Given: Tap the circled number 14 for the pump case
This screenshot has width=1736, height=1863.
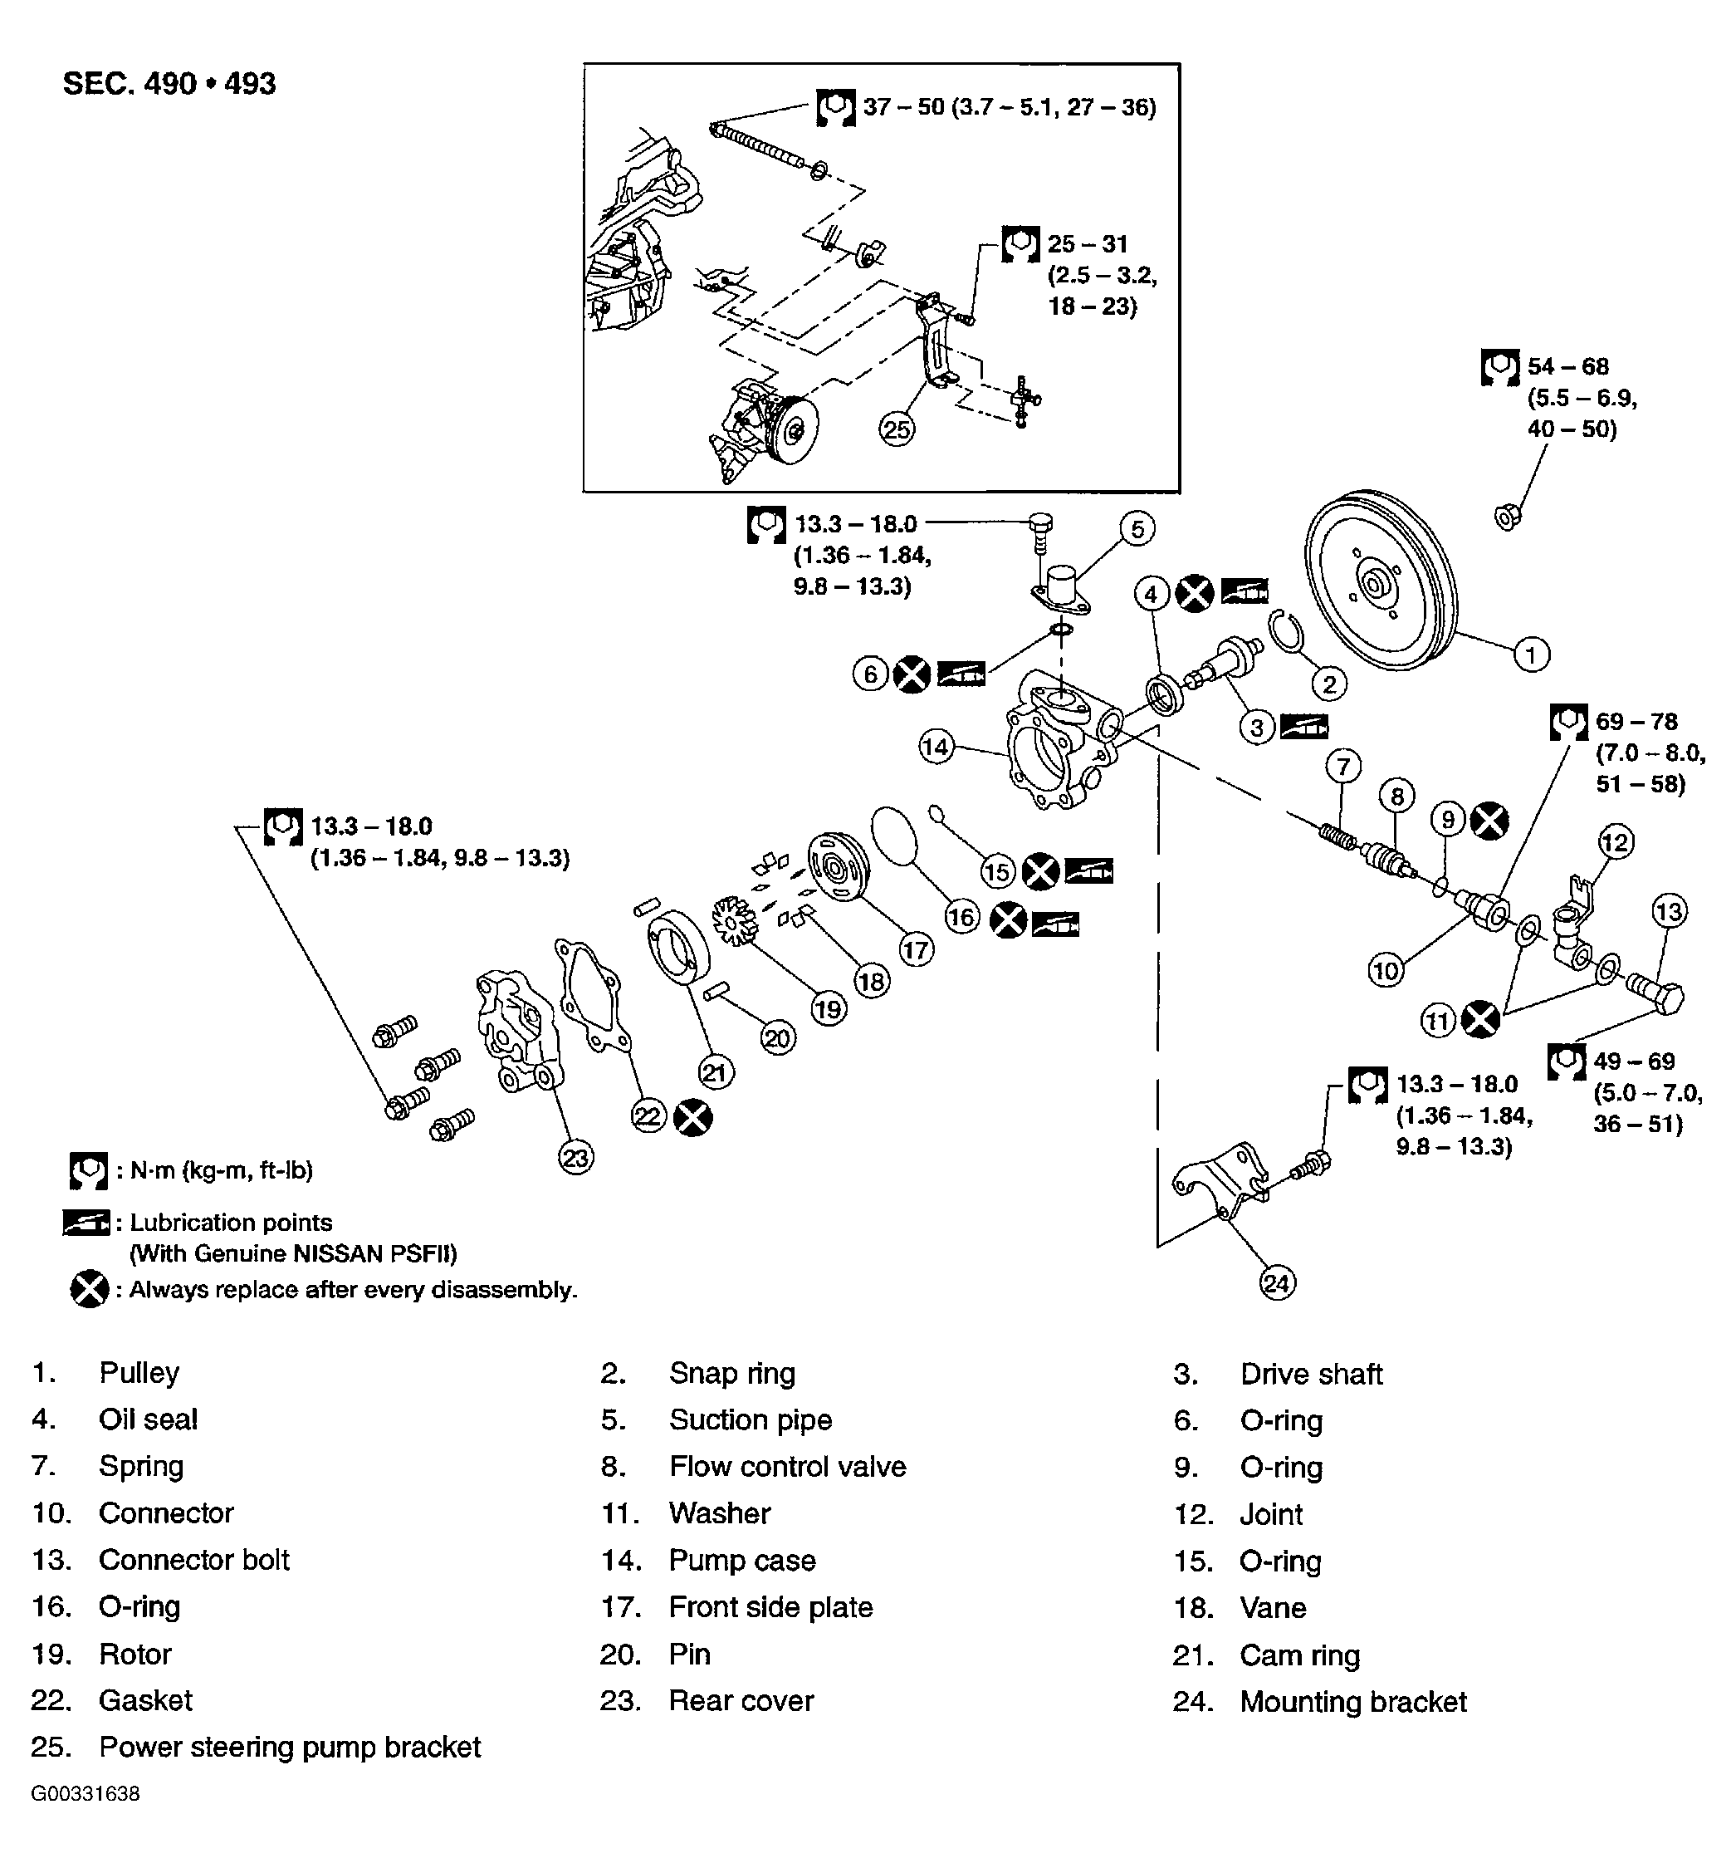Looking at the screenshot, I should click(x=936, y=746).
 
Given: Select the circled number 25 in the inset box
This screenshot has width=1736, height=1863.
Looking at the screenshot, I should click(x=897, y=429).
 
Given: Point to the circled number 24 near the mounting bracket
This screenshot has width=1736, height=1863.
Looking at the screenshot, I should click(x=1277, y=1282).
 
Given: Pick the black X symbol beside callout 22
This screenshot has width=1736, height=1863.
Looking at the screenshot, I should click(x=692, y=1117).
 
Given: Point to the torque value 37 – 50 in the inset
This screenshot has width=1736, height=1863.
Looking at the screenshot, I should click(x=903, y=107).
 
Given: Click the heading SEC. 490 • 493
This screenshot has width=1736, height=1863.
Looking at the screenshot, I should click(x=169, y=83).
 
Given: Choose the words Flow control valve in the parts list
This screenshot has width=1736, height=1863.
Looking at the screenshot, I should click(x=787, y=1467).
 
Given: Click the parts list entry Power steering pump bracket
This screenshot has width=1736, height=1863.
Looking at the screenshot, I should click(x=290, y=1747).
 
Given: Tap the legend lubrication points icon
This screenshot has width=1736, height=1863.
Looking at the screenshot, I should click(x=86, y=1223).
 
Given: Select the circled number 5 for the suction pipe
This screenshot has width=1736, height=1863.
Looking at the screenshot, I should click(x=1137, y=528).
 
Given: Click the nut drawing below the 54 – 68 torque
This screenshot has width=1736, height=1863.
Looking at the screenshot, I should click(x=1508, y=516).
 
